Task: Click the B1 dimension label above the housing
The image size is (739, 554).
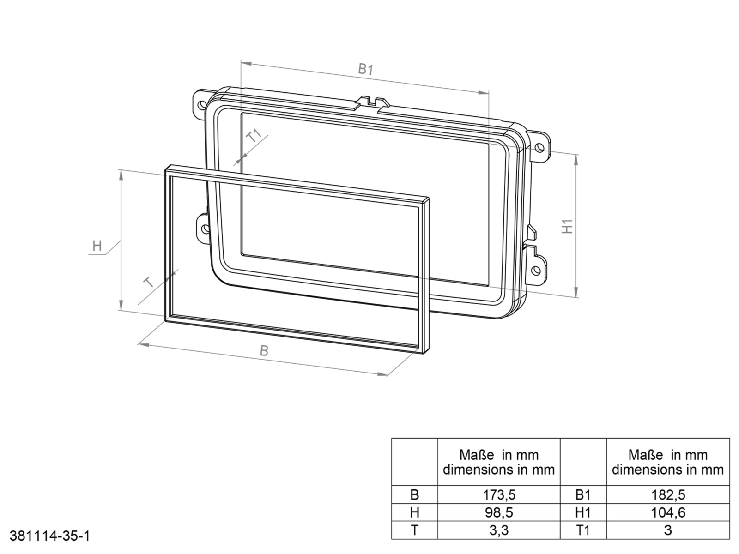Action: tap(366, 70)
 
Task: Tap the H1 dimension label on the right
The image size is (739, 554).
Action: tap(567, 226)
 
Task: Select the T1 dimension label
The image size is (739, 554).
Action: tap(254, 136)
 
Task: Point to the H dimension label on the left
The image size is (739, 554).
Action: tap(97, 246)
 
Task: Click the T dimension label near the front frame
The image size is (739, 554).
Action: tap(149, 282)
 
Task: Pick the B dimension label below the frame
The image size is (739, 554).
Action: tap(264, 351)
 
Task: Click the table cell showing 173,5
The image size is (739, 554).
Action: tap(498, 495)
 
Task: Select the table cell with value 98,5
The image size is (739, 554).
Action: tap(498, 512)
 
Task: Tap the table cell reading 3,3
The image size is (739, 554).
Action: tap(498, 530)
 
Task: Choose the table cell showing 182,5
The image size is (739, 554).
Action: tap(667, 495)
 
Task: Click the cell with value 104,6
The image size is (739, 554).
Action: tap(667, 512)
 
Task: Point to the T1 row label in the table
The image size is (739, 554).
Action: tap(583, 530)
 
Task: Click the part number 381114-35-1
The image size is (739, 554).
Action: tap(49, 536)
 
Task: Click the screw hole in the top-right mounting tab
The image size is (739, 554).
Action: tap(539, 147)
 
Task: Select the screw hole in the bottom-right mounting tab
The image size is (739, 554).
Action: tap(536, 270)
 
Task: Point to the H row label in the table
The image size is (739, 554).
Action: tap(414, 512)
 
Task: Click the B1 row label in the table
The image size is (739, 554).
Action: tap(583, 495)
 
